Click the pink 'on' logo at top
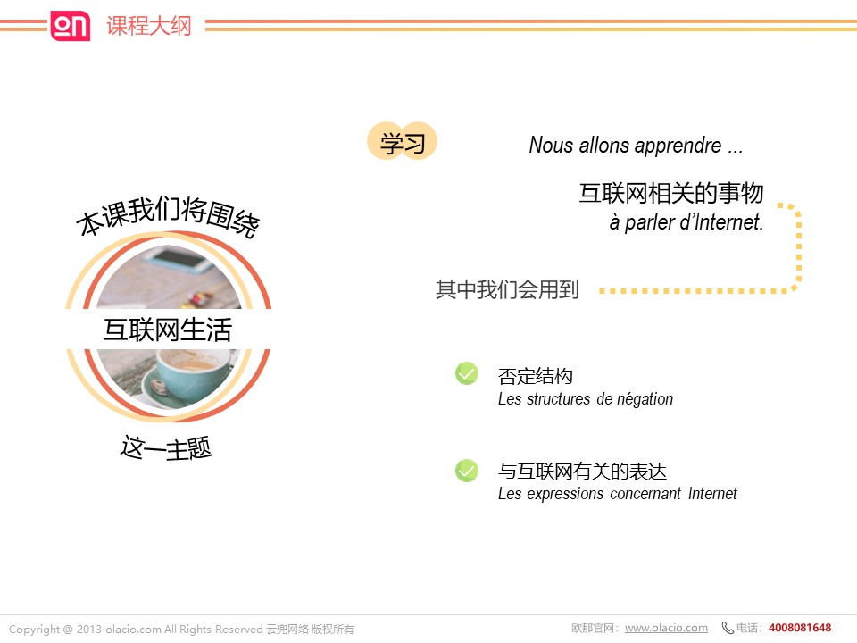70,26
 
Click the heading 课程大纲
149,26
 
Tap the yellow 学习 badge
403,141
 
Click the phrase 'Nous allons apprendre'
625,146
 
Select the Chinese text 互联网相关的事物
671,193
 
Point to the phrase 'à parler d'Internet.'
686,222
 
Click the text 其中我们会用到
507,289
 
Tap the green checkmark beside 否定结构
467,373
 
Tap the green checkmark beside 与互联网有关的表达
467,471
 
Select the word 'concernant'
645,494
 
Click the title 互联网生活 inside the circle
168,330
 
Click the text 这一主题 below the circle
166,448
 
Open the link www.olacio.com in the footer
666,628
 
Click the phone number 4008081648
800,628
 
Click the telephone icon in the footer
728,628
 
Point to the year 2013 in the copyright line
89,630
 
